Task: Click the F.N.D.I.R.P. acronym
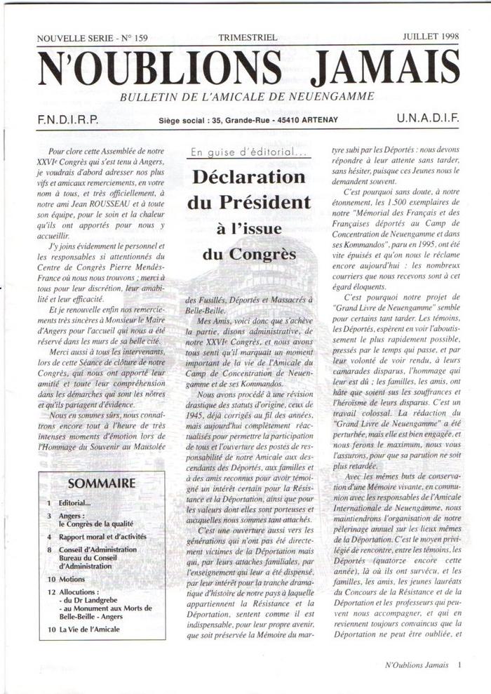point(67,120)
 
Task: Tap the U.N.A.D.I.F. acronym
point(427,119)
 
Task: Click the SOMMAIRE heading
point(102,483)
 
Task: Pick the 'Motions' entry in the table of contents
point(72,580)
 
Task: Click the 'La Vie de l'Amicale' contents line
point(89,629)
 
